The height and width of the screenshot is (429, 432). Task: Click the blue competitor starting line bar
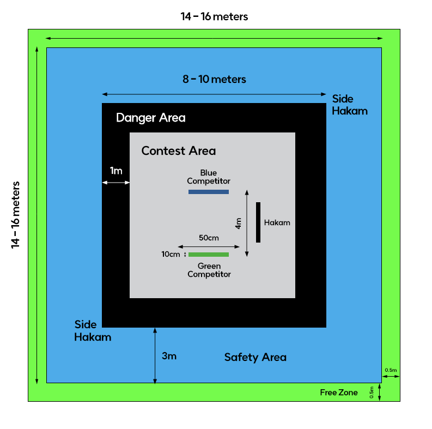coord(208,192)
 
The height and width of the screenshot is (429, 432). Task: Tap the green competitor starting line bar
coord(208,255)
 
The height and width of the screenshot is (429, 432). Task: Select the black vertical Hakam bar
coord(258,222)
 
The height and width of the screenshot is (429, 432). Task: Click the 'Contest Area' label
coord(178,150)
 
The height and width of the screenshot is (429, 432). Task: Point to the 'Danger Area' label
coord(150,118)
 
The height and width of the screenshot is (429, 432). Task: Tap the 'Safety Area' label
coord(255,358)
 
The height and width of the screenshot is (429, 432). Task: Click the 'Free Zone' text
coord(339,392)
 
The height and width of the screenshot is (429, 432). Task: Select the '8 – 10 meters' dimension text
coord(214,80)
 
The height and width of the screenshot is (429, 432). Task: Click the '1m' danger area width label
coord(116,171)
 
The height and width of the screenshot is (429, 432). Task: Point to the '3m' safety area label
coord(169,357)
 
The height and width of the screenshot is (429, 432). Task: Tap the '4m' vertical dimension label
coord(238,223)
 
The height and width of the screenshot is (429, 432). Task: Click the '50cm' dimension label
coord(209,238)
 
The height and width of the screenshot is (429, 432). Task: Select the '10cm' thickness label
coord(171,255)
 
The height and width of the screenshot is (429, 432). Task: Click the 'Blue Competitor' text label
coord(209,177)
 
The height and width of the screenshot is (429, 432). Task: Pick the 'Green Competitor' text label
coord(209,270)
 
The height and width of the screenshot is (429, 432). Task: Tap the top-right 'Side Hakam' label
coord(350,105)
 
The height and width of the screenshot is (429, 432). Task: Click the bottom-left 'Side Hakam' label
coord(93,331)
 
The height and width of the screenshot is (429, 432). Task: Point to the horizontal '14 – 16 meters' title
coord(214,16)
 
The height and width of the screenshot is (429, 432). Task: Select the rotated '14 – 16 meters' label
coord(16,215)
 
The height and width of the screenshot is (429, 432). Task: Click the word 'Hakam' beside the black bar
coord(277,222)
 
